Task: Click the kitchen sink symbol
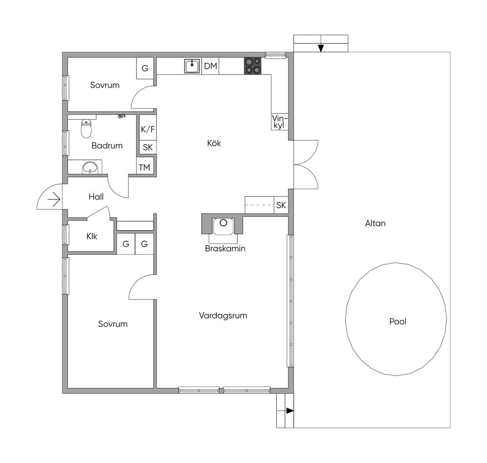click(x=192, y=66)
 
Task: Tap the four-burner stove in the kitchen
click(x=252, y=66)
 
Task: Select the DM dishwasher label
click(x=211, y=66)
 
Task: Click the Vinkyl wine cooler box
click(x=280, y=121)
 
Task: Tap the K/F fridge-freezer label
click(x=148, y=129)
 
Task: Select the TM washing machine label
click(x=145, y=168)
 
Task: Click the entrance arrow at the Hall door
click(x=54, y=199)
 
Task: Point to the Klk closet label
click(x=92, y=236)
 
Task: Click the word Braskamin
click(x=225, y=249)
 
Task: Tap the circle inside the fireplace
click(x=224, y=222)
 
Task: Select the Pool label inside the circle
click(x=398, y=321)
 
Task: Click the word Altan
click(x=375, y=223)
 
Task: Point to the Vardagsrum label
click(x=223, y=316)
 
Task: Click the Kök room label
click(x=214, y=143)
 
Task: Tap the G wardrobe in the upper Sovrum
click(x=145, y=68)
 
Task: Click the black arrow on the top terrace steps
click(x=321, y=48)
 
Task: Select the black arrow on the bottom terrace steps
click(x=290, y=411)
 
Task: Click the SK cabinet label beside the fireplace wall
click(x=281, y=205)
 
